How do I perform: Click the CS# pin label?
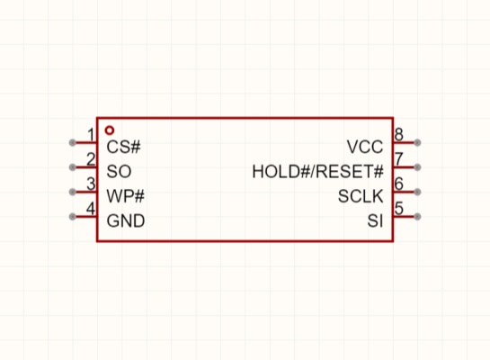click(x=123, y=147)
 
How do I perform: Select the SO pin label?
click(x=119, y=171)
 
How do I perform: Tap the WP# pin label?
click(x=125, y=196)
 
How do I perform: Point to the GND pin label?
click(x=126, y=220)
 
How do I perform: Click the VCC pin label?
click(x=365, y=147)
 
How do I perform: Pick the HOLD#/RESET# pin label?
click(x=317, y=171)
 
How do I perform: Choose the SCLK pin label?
click(x=361, y=196)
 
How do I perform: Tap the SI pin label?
click(x=375, y=220)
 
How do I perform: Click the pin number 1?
click(x=91, y=135)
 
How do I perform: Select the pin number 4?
click(x=91, y=208)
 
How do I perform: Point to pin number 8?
click(x=399, y=134)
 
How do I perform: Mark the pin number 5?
click(x=399, y=208)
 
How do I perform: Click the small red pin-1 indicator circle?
click(x=110, y=130)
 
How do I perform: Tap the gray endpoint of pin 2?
click(x=73, y=167)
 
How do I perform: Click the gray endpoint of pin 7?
click(x=417, y=167)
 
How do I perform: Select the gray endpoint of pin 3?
click(x=73, y=192)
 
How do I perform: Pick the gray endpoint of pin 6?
click(x=417, y=192)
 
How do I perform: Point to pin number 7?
click(x=399, y=159)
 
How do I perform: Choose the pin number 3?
click(x=91, y=184)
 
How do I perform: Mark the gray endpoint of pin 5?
click(x=417, y=216)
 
